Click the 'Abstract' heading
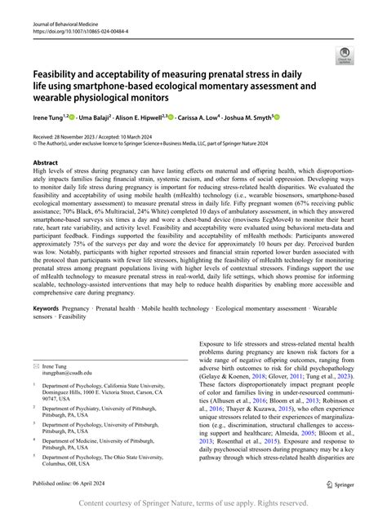pos(45,162)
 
